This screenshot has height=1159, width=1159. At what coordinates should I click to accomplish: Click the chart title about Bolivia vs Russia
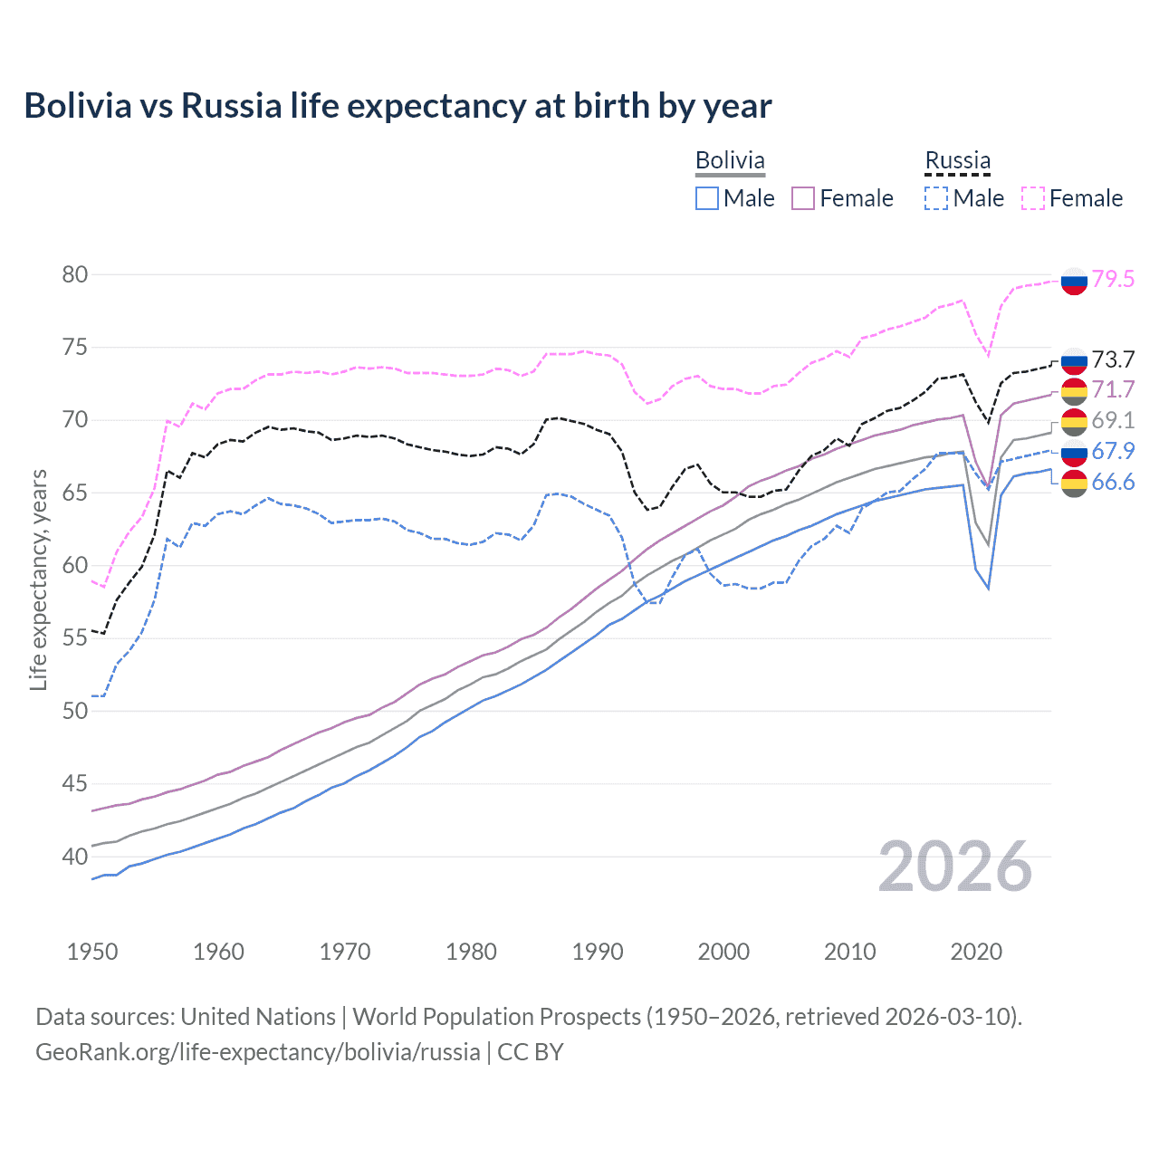pyautogui.click(x=398, y=106)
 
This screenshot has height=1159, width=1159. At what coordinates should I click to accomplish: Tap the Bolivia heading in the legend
pyautogui.click(x=730, y=160)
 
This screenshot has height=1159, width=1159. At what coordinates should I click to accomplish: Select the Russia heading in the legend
pyautogui.click(x=957, y=160)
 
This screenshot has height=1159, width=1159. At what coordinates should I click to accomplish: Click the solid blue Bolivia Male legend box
pyautogui.click(x=707, y=198)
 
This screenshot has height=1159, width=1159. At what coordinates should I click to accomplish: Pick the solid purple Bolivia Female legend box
pyautogui.click(x=803, y=198)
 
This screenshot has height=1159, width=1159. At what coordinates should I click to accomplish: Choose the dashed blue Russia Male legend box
pyautogui.click(x=936, y=198)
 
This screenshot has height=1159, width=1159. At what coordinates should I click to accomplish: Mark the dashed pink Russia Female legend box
pyautogui.click(x=1033, y=198)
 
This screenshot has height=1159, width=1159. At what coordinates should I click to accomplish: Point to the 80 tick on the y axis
pyautogui.click(x=75, y=274)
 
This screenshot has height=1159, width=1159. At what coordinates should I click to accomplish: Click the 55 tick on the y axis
pyautogui.click(x=75, y=637)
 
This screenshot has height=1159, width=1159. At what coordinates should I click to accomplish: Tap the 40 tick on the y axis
pyautogui.click(x=75, y=856)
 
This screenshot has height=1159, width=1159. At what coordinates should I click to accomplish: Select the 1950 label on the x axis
pyautogui.click(x=92, y=952)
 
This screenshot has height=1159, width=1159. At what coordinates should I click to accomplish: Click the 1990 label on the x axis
pyautogui.click(x=598, y=952)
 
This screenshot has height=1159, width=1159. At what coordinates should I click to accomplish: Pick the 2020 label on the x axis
pyautogui.click(x=976, y=952)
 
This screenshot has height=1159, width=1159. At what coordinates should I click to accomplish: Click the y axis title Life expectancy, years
pyautogui.click(x=38, y=579)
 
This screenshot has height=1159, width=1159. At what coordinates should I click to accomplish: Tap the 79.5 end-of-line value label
pyautogui.click(x=1113, y=279)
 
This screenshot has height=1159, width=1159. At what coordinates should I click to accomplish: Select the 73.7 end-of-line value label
pyautogui.click(x=1113, y=359)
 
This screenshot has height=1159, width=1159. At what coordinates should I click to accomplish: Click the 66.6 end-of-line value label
pyautogui.click(x=1113, y=482)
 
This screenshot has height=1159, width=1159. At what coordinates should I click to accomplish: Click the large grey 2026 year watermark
pyautogui.click(x=955, y=867)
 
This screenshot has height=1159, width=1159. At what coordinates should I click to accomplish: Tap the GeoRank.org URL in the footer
pyautogui.click(x=258, y=1052)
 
